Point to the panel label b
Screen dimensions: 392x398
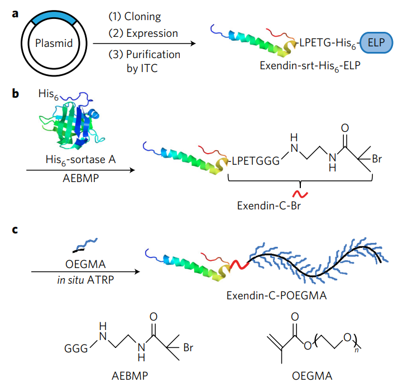tap(15, 93)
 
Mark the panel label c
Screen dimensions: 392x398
tap(15, 229)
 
